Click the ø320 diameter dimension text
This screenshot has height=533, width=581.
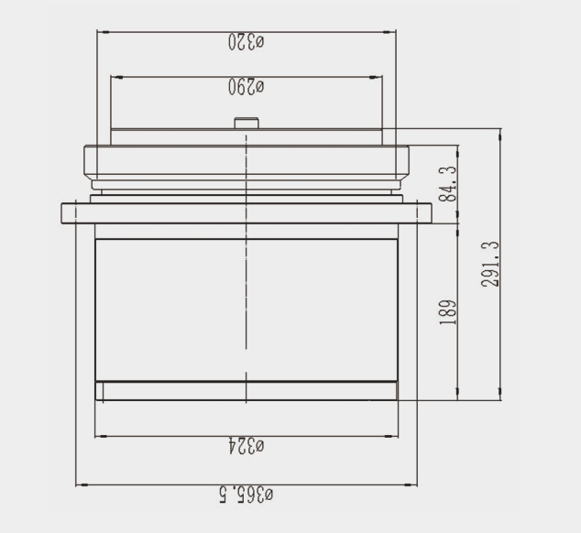(x=246, y=41)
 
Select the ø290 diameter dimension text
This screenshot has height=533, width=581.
(x=246, y=87)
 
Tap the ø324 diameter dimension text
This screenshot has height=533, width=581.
(x=246, y=446)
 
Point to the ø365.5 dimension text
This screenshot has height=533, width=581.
(x=246, y=495)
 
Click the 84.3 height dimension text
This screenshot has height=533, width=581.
(x=448, y=184)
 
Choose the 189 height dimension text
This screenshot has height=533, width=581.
(x=448, y=312)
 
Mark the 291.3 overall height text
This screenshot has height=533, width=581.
(x=490, y=264)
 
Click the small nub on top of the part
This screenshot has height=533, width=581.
(x=247, y=123)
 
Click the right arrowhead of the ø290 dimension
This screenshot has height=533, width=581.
(x=376, y=77)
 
